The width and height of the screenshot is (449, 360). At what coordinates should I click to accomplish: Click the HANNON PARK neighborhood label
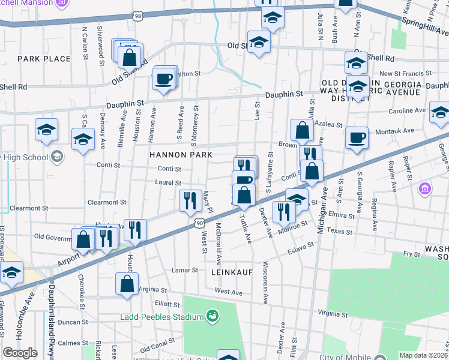click(x=181, y=155)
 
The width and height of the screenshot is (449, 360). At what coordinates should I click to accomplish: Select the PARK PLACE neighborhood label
click(x=44, y=59)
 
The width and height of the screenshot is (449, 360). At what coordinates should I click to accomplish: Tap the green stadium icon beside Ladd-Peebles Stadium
click(x=211, y=316)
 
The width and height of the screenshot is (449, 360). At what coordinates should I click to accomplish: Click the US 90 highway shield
click(x=199, y=223)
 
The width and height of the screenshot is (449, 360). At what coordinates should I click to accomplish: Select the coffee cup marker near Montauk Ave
click(x=357, y=137)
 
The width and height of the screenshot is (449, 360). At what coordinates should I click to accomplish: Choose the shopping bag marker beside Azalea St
click(x=302, y=130)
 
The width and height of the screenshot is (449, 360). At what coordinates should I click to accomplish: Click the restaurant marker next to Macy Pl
click(x=190, y=200)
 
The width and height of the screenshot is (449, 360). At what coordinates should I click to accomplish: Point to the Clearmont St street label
click(x=107, y=203)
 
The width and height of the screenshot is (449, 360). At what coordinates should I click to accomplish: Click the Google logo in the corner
click(x=20, y=353)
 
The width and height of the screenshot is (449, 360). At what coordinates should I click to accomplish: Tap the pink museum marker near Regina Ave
click(x=425, y=190)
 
